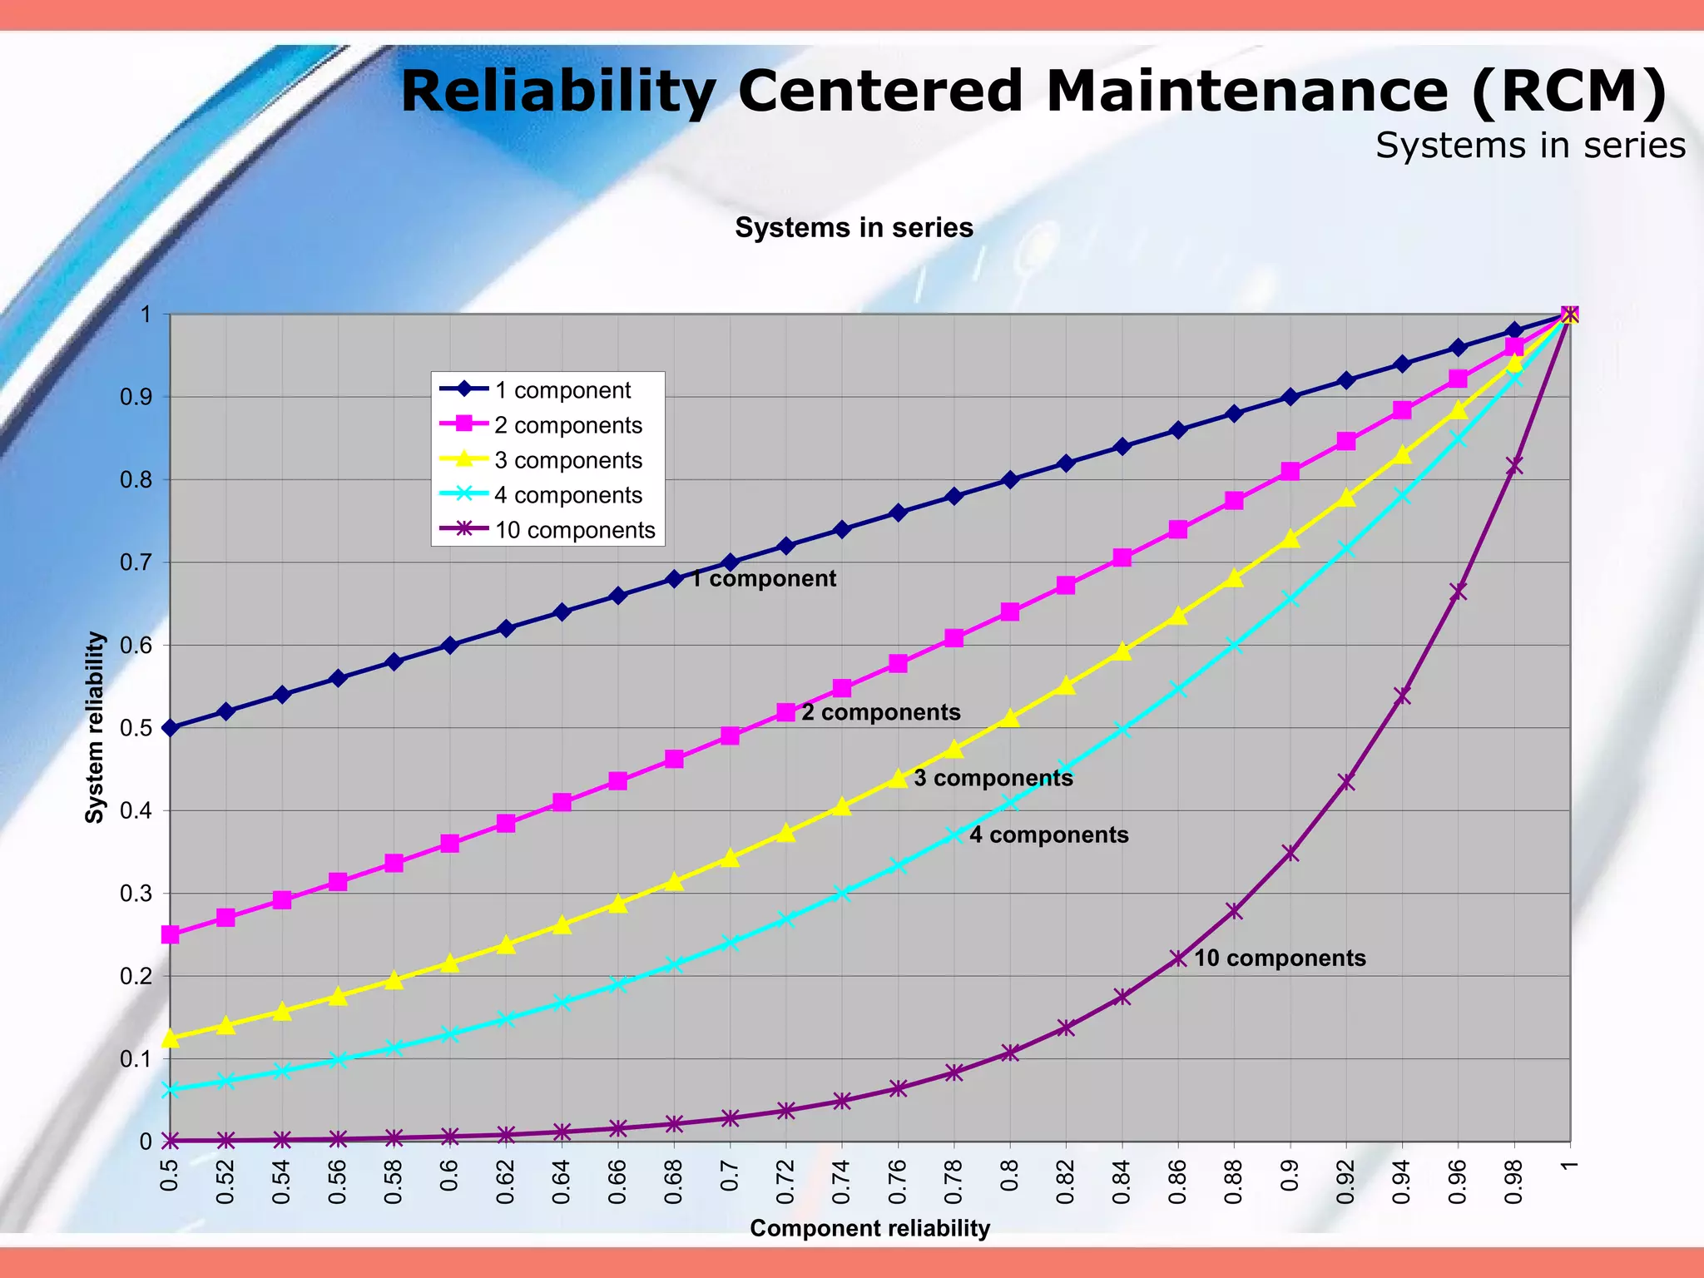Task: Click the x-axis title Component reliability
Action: pyautogui.click(x=869, y=1228)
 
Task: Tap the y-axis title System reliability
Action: pyautogui.click(x=95, y=727)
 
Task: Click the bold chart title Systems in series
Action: pyautogui.click(x=854, y=227)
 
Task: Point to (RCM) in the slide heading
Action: pyautogui.click(x=1568, y=91)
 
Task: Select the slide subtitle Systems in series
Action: pyautogui.click(x=1529, y=146)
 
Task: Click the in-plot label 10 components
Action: pyautogui.click(x=1280, y=958)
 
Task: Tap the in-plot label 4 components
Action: pyautogui.click(x=1048, y=835)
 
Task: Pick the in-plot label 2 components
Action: pyautogui.click(x=880, y=712)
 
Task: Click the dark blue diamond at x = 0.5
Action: pyautogui.click(x=170, y=728)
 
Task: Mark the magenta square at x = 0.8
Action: pyautogui.click(x=1010, y=612)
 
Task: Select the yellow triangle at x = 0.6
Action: pyautogui.click(x=450, y=963)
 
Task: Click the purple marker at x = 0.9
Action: pyautogui.click(x=1290, y=853)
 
